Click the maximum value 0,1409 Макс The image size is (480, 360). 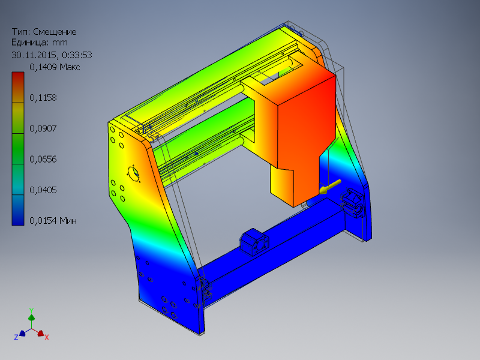click(x=55, y=67)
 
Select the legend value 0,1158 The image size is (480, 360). click(x=43, y=98)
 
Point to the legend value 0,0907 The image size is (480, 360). click(x=43, y=128)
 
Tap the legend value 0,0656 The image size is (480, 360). click(x=43, y=159)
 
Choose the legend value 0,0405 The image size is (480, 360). click(x=43, y=190)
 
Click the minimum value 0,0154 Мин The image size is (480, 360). click(x=53, y=220)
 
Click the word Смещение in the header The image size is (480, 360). click(x=55, y=32)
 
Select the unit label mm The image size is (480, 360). click(x=59, y=42)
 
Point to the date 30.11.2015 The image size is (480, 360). click(x=35, y=55)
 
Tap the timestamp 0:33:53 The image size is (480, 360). click(x=77, y=55)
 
